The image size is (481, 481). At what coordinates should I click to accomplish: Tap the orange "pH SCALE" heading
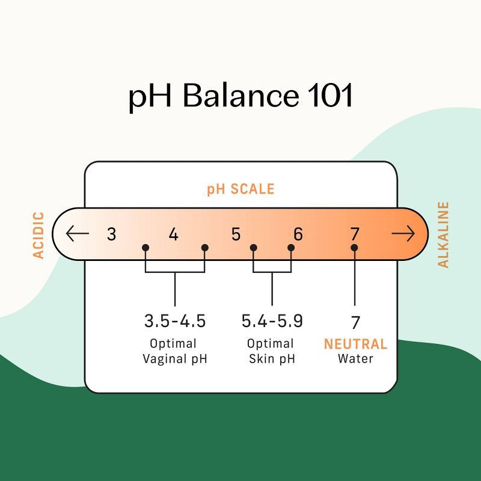[x=240, y=189]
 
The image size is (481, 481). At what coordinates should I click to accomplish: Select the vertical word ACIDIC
[x=38, y=234]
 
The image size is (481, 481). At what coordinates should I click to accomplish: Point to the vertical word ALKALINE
[x=443, y=234]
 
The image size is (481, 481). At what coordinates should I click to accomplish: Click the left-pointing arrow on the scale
[x=78, y=233]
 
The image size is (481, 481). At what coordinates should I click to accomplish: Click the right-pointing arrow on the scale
[x=403, y=233]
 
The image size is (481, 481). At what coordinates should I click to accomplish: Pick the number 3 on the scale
[x=111, y=234]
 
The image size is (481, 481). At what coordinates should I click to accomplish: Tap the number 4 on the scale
[x=174, y=234]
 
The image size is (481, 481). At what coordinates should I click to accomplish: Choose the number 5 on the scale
[x=236, y=234]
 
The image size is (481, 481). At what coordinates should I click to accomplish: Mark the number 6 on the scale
[x=298, y=234]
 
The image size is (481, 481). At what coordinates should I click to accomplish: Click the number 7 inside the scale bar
[x=355, y=234]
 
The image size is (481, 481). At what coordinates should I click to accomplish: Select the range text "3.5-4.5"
[x=175, y=321]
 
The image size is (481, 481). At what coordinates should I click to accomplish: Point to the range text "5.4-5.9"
[x=272, y=321]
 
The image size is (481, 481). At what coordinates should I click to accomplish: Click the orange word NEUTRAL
[x=355, y=345]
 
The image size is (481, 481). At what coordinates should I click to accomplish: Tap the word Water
[x=355, y=359]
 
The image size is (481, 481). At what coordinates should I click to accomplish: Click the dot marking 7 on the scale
[x=355, y=247]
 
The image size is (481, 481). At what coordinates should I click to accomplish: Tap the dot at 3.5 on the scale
[x=146, y=247]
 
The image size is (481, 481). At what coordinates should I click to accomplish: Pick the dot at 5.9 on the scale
[x=292, y=247]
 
